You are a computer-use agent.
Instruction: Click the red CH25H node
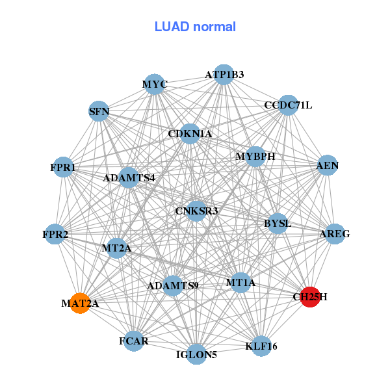coord(310,296)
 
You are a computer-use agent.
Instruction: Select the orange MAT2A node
coord(80,303)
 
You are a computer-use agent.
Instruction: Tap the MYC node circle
coord(155,84)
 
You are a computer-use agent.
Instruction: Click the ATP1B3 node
coord(224,75)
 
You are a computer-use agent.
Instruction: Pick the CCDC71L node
coord(288,105)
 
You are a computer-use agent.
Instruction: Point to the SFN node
coord(99,111)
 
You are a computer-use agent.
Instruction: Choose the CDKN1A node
coord(190,134)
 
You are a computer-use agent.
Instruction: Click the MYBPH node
coord(255,157)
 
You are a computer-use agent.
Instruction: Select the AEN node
coord(327,166)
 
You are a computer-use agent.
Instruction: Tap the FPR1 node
coord(63,167)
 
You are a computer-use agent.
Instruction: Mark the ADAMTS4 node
coord(129,177)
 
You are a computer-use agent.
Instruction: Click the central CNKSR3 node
coord(196,211)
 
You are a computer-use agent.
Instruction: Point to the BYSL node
coord(278,224)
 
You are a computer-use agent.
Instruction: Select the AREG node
coord(335,233)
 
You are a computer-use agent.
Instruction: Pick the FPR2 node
coord(56,233)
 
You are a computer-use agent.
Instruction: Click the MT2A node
coord(117,248)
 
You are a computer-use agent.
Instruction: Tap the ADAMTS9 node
coord(173,285)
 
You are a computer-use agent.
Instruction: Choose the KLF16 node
coord(261,346)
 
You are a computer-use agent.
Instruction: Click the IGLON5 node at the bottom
coord(196,354)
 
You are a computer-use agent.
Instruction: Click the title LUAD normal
coord(195,27)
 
